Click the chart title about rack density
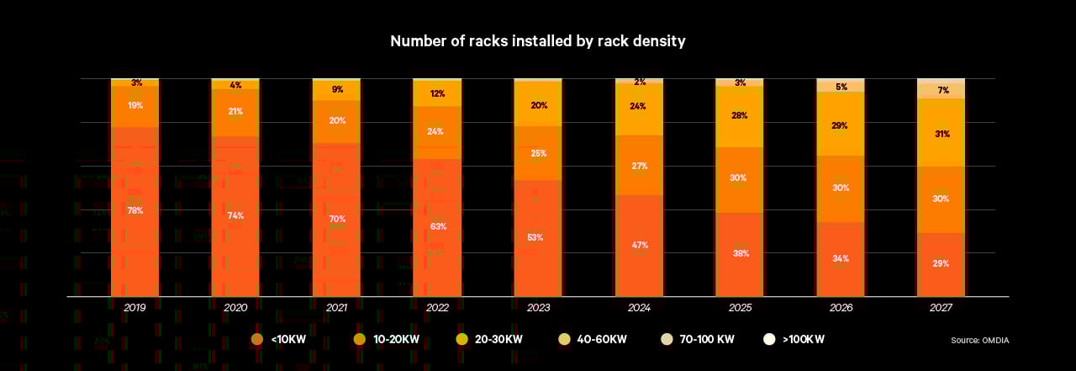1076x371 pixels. point(537,41)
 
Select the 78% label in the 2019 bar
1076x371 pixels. point(134,210)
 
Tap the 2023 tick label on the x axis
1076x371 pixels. point(538,309)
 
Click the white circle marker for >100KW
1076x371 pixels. point(768,339)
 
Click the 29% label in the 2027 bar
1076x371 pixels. point(941,263)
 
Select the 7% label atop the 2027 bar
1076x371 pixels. point(942,90)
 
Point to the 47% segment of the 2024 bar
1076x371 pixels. point(640,245)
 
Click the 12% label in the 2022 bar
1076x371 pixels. point(437,93)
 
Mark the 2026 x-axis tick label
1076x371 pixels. point(841,309)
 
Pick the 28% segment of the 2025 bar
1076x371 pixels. point(740,115)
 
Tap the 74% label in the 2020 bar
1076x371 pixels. point(235,215)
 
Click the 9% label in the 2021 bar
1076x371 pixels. point(337,89)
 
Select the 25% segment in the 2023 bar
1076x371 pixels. point(538,153)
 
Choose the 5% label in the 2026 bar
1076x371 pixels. point(841,87)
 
